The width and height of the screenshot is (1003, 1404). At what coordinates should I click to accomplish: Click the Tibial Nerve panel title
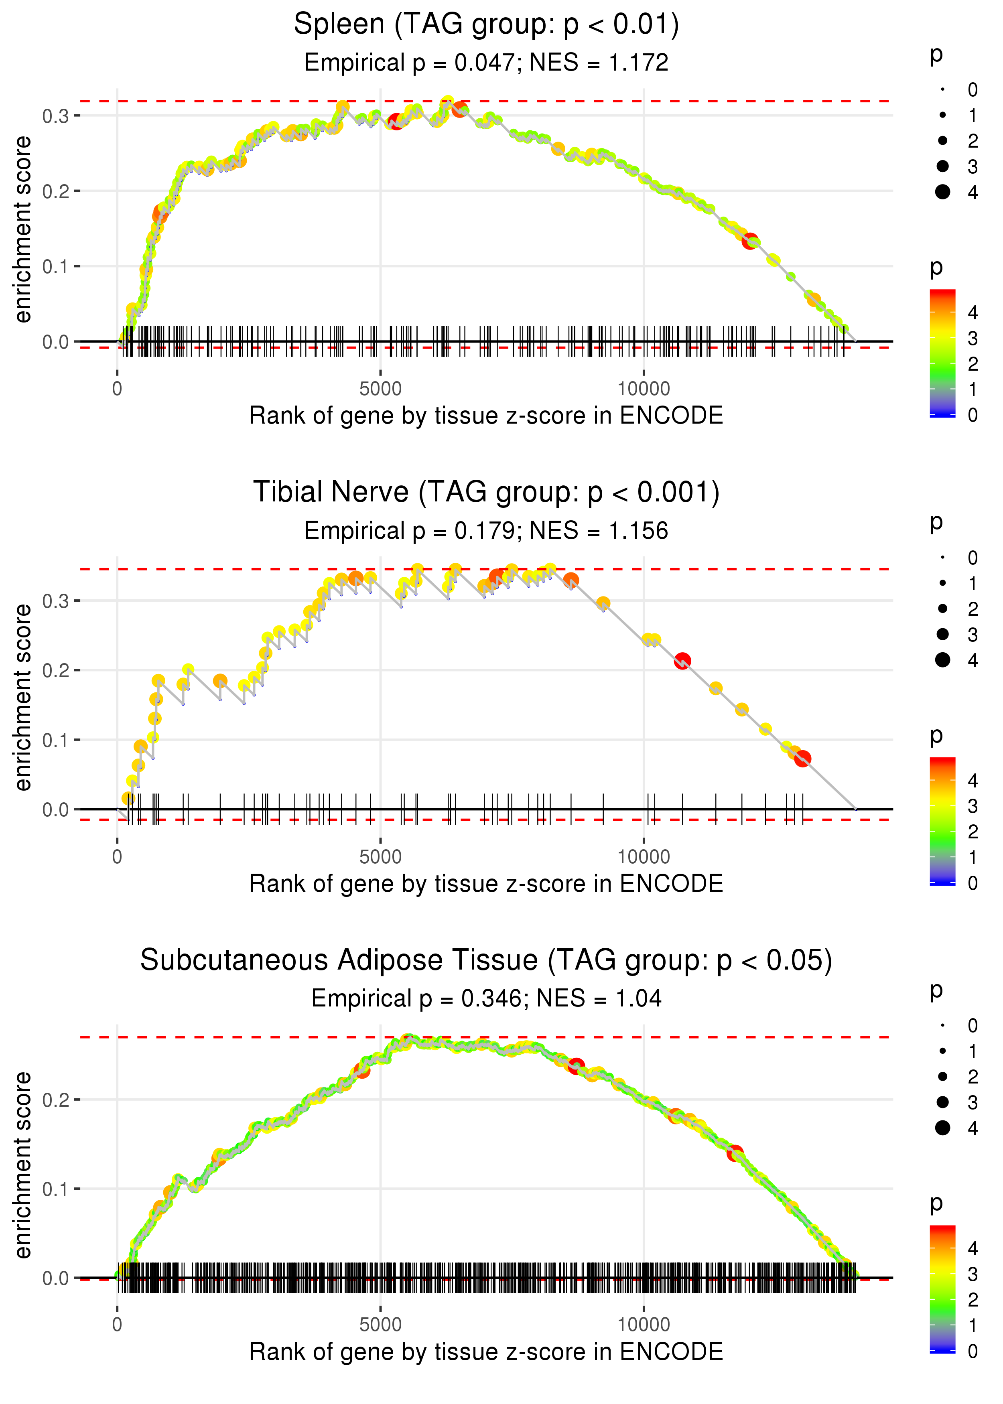486,493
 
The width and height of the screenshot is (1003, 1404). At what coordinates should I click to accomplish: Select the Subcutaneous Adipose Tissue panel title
486,961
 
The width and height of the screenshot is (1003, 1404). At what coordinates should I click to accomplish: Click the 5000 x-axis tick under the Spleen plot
380,389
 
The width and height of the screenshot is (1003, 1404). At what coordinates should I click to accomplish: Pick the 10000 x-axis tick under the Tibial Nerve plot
644,857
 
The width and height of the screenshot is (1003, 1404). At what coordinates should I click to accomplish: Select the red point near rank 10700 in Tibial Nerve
682,661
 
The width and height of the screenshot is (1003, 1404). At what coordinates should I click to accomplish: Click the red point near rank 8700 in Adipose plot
576,1066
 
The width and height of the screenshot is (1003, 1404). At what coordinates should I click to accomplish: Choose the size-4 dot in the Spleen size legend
942,192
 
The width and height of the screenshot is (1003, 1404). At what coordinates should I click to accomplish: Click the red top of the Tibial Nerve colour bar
942,763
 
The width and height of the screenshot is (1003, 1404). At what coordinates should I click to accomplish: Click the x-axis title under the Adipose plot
486,1351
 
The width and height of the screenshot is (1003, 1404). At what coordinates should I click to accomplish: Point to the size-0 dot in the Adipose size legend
942,1025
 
